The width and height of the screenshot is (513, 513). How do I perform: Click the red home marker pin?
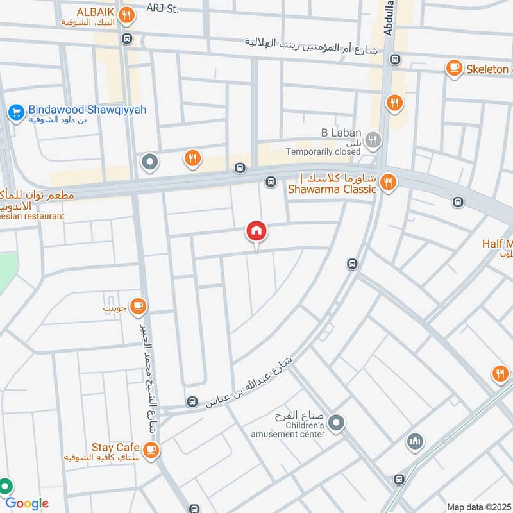(x=257, y=231)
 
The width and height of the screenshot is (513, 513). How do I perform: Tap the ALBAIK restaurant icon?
(x=128, y=13)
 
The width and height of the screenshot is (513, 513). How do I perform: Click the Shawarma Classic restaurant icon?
(x=388, y=183)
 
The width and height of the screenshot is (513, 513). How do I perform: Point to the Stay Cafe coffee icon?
(x=151, y=450)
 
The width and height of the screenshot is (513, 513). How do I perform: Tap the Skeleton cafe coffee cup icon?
(x=454, y=67)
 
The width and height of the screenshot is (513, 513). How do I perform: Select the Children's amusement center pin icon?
(x=335, y=423)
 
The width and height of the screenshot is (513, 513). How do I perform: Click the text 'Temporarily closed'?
(x=323, y=151)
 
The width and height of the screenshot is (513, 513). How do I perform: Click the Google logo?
(x=27, y=503)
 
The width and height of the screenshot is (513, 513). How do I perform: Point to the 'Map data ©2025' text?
(x=477, y=507)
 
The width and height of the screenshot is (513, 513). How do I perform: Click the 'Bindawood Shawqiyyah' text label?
(x=87, y=110)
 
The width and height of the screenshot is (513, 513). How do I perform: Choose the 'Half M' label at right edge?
(x=497, y=244)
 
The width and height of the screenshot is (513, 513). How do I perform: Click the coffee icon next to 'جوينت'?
(x=137, y=308)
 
